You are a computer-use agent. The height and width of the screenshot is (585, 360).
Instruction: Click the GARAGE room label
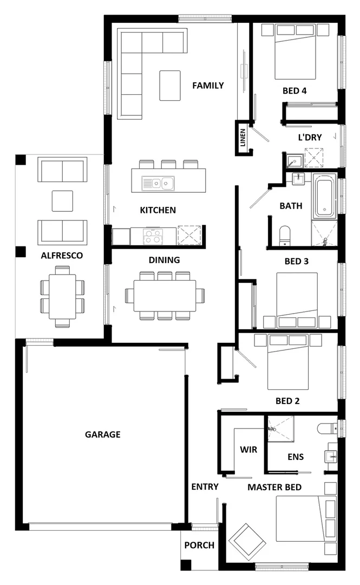tap(102, 434)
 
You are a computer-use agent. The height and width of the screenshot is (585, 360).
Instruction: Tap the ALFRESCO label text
tap(62, 256)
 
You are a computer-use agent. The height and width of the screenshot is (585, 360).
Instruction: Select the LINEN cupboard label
tap(243, 139)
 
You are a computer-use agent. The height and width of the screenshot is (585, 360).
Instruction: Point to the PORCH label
tap(199, 545)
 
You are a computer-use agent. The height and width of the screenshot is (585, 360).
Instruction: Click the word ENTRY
tap(205, 486)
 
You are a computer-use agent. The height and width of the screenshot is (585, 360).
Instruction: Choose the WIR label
tap(248, 450)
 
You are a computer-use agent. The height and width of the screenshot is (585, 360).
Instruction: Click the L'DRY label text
tap(310, 138)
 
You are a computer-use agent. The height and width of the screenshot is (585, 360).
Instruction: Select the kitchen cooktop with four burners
tap(153, 236)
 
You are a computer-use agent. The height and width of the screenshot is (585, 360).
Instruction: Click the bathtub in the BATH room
tap(324, 196)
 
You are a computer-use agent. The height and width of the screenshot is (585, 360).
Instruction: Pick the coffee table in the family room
tap(169, 85)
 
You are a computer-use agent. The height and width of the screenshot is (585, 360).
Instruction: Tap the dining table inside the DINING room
tap(165, 296)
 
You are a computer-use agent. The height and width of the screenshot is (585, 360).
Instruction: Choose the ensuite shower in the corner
tap(280, 428)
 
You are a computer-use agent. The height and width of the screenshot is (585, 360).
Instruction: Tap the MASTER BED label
tap(274, 487)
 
